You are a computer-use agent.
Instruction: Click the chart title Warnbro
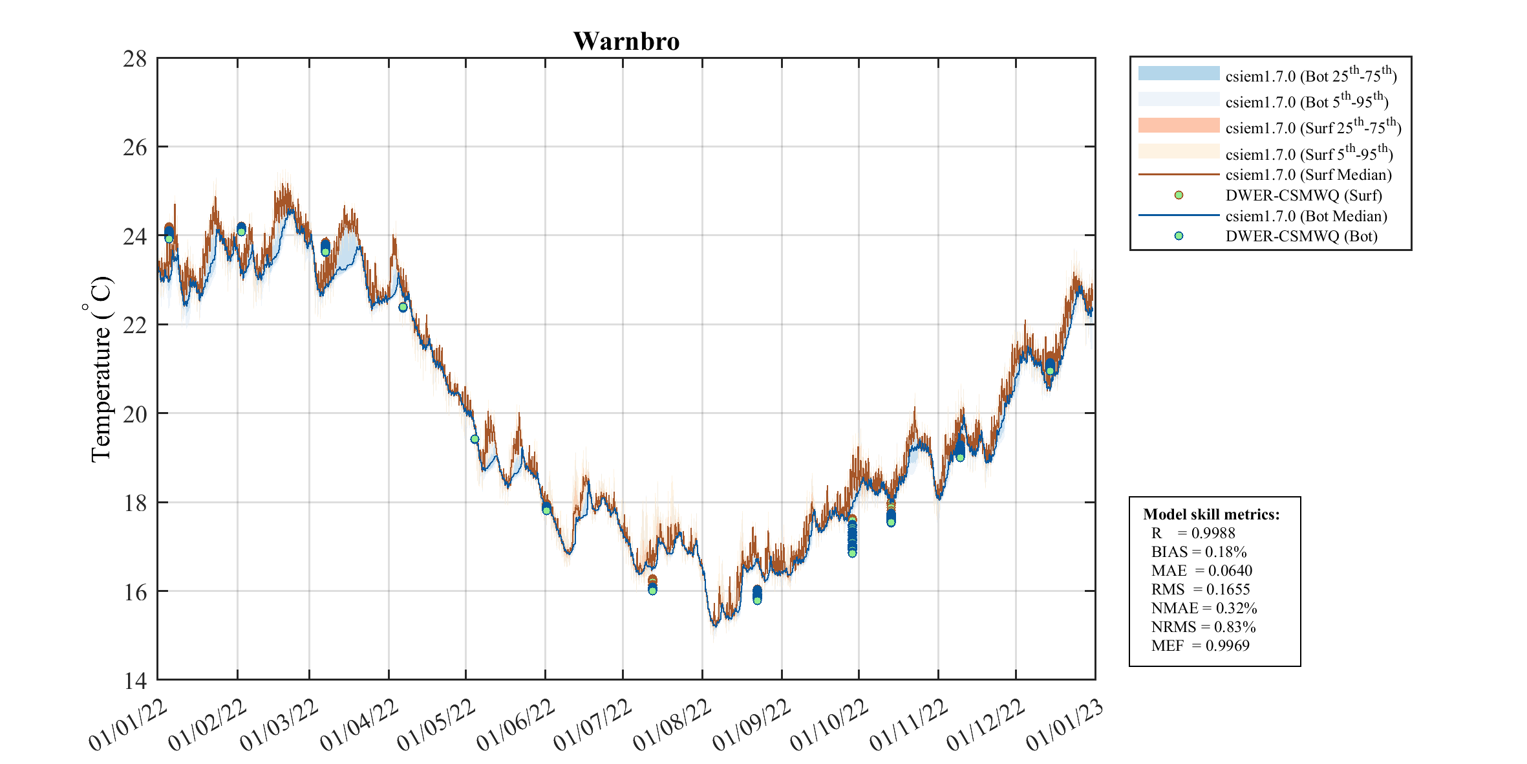click(x=626, y=41)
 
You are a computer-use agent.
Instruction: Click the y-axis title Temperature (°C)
click(x=100, y=369)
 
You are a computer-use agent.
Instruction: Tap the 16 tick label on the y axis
click(x=135, y=592)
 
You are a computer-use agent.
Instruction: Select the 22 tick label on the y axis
click(x=135, y=325)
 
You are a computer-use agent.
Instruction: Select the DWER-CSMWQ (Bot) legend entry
click(x=1301, y=236)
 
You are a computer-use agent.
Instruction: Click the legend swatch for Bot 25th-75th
click(x=1179, y=73)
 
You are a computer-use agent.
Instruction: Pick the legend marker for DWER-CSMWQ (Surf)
click(x=1179, y=195)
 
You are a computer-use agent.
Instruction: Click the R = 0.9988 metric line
click(x=1193, y=533)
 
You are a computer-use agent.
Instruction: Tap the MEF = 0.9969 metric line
click(x=1200, y=646)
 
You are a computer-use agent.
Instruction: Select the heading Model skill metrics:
click(x=1211, y=514)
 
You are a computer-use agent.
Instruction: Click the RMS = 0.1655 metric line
click(x=1201, y=589)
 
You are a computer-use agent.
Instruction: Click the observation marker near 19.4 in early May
click(x=475, y=439)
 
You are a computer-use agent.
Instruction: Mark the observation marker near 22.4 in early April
click(x=403, y=307)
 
